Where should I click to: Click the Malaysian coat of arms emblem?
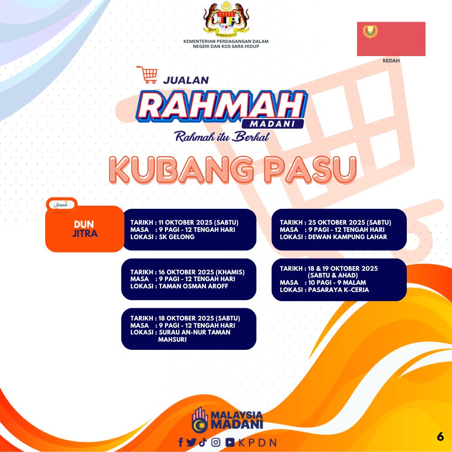pyautogui.click(x=226, y=18)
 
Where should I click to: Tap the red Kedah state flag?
pyautogui.click(x=391, y=39)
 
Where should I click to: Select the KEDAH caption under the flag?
pyautogui.click(x=391, y=61)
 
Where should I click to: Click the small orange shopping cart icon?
pyautogui.click(x=147, y=75)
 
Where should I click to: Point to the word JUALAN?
pyautogui.click(x=186, y=80)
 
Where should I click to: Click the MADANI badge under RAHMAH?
pyautogui.click(x=273, y=124)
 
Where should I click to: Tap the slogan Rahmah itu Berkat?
pyautogui.click(x=222, y=137)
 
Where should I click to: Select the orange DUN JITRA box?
pyautogui.click(x=85, y=229)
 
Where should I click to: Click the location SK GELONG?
pyautogui.click(x=177, y=237)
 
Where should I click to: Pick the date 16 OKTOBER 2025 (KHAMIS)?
pyautogui.click(x=202, y=272)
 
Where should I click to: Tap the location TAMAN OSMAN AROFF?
pyautogui.click(x=193, y=286)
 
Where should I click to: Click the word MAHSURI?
pyautogui.click(x=172, y=339)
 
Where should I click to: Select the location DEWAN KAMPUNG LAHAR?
pyautogui.click(x=348, y=237)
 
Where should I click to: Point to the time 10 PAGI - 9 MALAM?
pyautogui.click(x=337, y=282)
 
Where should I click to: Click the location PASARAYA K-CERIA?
pyautogui.click(x=339, y=290)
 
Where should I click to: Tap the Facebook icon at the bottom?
pyautogui.click(x=181, y=442)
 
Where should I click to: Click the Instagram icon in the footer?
pyautogui.click(x=216, y=442)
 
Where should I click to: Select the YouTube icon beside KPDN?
pyautogui.click(x=230, y=442)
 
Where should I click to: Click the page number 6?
pyautogui.click(x=440, y=437)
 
